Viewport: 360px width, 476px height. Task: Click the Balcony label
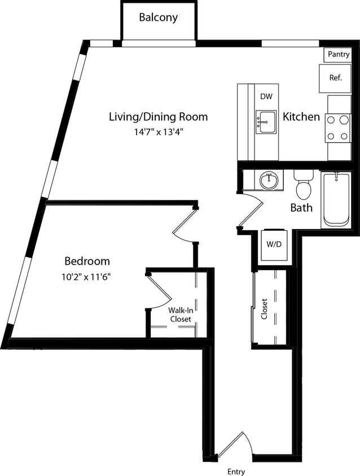point(159,17)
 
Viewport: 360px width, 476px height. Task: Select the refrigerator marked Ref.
point(336,78)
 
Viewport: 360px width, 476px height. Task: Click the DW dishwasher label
point(266,96)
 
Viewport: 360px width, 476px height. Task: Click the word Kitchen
point(301,117)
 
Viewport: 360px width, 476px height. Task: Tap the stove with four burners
point(338,127)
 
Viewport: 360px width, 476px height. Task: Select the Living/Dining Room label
point(158,117)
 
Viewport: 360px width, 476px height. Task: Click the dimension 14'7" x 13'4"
point(158,133)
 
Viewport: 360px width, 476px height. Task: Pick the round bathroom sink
point(268,182)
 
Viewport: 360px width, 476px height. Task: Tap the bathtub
point(336,200)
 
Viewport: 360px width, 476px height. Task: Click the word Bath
point(301,208)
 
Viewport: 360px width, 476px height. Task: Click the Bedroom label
point(87,262)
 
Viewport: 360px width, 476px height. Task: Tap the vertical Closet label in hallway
point(264,308)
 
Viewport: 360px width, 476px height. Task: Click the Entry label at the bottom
point(236,471)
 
